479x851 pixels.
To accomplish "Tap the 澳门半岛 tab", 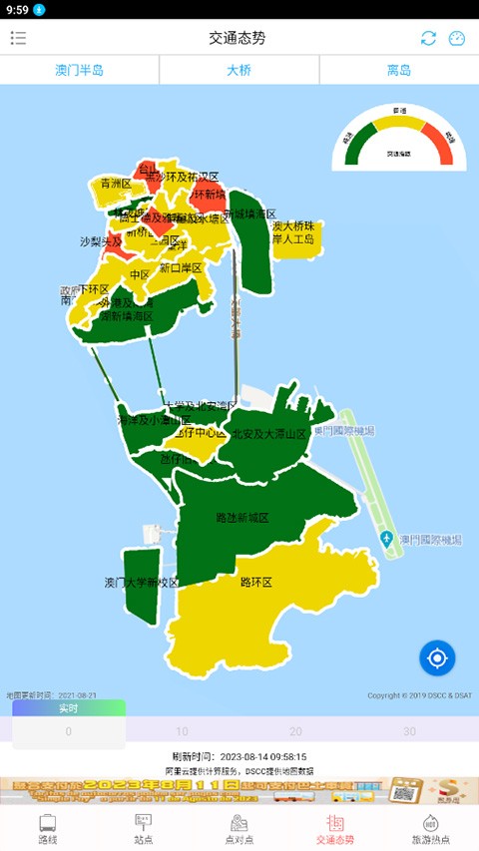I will [x=79, y=71].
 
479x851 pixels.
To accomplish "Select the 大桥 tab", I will [x=239, y=71].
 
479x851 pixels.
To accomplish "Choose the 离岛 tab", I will [x=399, y=71].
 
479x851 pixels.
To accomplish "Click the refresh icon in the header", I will [x=428, y=38].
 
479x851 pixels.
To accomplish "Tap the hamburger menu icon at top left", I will [x=19, y=38].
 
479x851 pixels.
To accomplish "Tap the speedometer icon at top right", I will [x=457, y=38].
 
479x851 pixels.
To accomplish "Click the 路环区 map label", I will [x=256, y=582].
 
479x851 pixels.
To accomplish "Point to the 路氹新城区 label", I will [x=242, y=519].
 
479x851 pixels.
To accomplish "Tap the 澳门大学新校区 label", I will [x=141, y=583].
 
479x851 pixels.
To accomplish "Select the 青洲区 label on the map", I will [x=116, y=184].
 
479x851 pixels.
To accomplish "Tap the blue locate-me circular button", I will [x=437, y=657].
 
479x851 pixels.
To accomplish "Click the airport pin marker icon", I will [x=387, y=540].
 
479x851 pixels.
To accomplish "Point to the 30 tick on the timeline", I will [x=409, y=731].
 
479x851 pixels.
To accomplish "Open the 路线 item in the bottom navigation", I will [x=48, y=829].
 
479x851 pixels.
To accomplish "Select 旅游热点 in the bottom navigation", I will [x=430, y=829].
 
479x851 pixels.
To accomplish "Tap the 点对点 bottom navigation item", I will [x=239, y=829].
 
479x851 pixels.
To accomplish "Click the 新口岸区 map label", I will [x=181, y=268].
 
